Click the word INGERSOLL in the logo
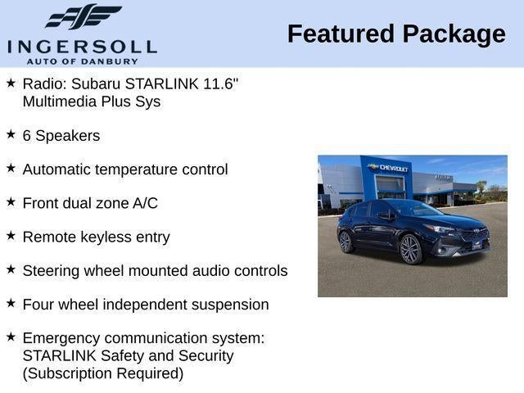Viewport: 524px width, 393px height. tap(82, 46)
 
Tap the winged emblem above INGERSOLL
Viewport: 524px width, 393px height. tap(83, 17)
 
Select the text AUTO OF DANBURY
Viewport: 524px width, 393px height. tap(82, 61)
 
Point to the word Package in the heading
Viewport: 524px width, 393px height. tap(454, 34)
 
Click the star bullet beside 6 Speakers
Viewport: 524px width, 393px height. tap(11, 134)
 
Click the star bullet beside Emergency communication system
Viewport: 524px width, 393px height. tap(11, 336)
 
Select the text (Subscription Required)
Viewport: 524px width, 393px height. tap(103, 373)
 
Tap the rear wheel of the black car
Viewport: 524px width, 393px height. tap(345, 242)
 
